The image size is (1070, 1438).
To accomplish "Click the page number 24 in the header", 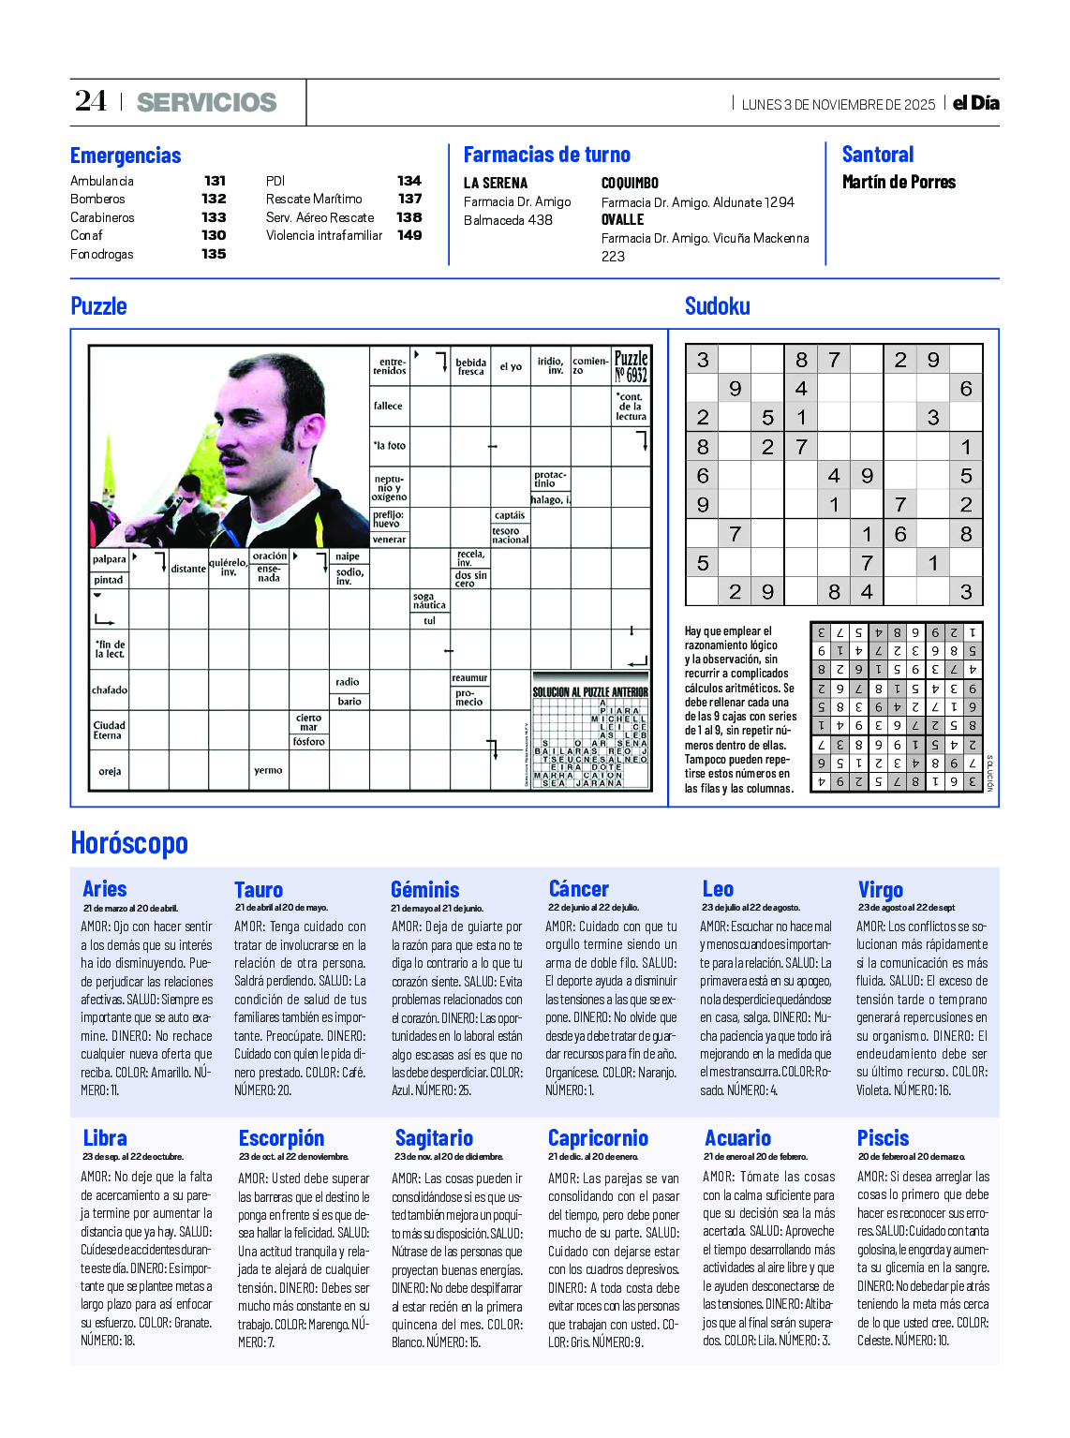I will (91, 101).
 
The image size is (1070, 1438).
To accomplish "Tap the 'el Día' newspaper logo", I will (976, 103).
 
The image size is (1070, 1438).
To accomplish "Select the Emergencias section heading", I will (126, 156).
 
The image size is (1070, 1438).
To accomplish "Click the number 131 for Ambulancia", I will (215, 181).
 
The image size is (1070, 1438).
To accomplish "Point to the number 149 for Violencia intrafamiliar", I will (409, 235).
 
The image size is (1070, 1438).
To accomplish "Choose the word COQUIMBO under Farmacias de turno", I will (630, 184).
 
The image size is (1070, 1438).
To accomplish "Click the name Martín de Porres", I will (899, 183).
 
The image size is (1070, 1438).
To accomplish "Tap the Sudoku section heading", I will (717, 306).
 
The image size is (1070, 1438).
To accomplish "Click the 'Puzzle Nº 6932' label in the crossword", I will (631, 366).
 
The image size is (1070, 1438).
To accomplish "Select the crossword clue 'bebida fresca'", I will (470, 366).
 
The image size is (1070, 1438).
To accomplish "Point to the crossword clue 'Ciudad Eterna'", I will (109, 730).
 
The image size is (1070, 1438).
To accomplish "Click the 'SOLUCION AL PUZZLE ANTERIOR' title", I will (590, 692).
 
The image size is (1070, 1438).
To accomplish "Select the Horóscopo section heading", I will (129, 843).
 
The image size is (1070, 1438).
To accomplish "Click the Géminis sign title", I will (424, 890).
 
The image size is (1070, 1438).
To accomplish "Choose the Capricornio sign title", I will (598, 1138).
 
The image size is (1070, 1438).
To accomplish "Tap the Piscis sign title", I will (883, 1138).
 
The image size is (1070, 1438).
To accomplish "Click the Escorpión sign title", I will (281, 1138).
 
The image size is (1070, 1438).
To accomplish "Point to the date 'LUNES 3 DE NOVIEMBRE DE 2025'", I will (838, 105).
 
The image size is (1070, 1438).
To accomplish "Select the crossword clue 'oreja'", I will (109, 772).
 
